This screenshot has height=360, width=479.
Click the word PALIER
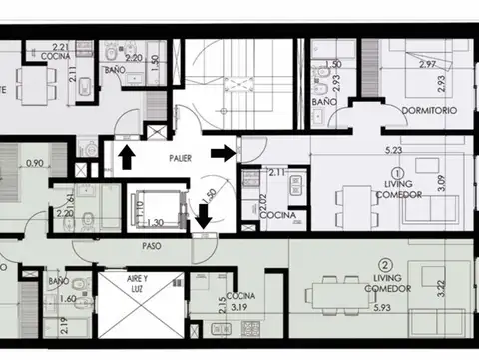coord(181,158)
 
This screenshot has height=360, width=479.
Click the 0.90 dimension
coord(35,164)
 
